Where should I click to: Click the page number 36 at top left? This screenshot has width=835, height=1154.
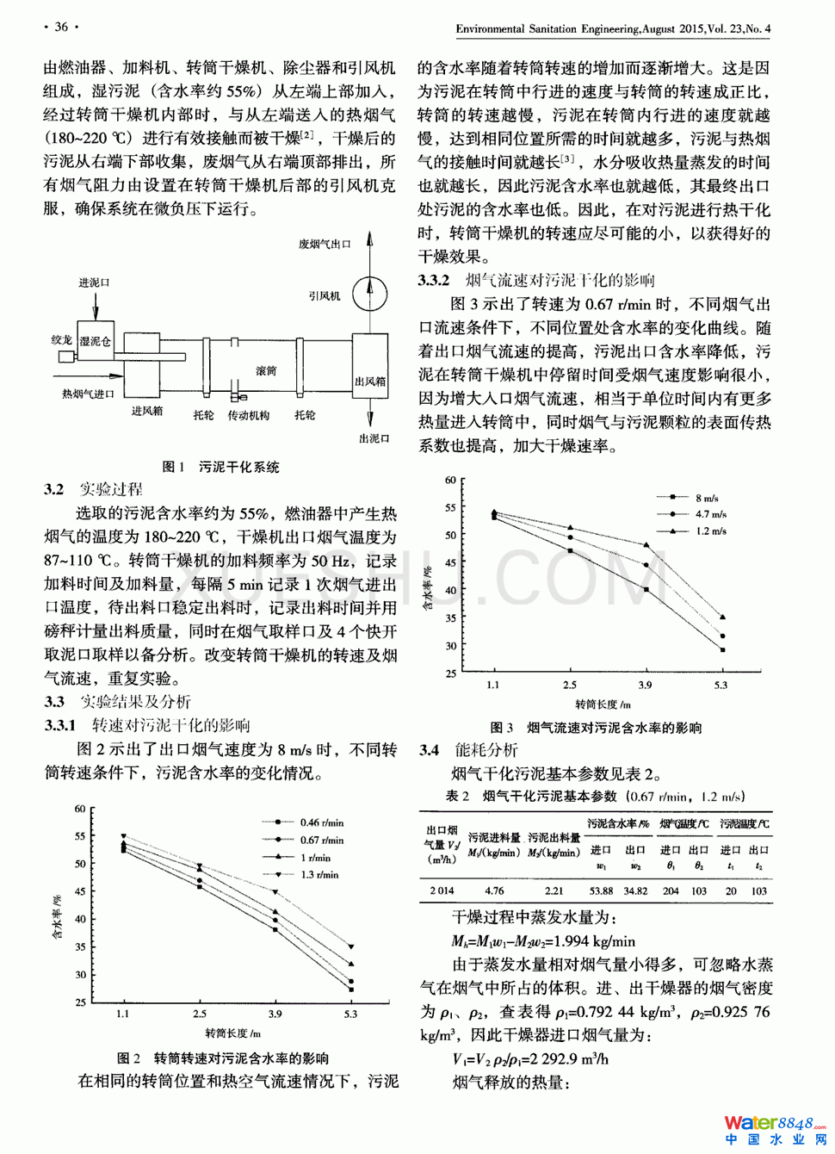tap(61, 27)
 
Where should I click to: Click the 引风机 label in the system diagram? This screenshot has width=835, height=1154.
tap(325, 296)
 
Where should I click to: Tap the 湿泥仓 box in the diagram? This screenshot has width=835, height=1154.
tap(95, 341)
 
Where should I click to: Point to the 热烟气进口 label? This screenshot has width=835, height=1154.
tap(88, 394)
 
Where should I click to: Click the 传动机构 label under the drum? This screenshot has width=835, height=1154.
tap(248, 416)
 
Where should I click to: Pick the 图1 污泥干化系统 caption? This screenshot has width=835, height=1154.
tap(221, 467)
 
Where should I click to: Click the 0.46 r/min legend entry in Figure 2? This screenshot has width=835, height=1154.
tap(321, 822)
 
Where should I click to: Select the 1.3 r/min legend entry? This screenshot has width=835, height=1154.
tap(319, 875)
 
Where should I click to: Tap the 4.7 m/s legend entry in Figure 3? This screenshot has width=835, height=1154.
tap(710, 514)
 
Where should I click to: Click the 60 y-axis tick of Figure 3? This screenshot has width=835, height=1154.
tap(450, 481)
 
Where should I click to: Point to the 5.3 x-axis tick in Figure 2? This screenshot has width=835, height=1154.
tap(350, 1014)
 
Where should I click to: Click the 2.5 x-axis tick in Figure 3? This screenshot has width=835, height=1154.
tap(570, 686)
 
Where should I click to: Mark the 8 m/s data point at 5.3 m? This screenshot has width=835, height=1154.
tap(722, 649)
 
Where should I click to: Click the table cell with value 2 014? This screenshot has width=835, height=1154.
tap(442, 891)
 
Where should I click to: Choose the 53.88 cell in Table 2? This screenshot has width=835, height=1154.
tap(601, 891)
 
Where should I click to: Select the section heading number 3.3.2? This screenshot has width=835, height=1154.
tap(434, 281)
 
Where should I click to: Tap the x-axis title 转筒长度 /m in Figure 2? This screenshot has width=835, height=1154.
tap(232, 1033)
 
